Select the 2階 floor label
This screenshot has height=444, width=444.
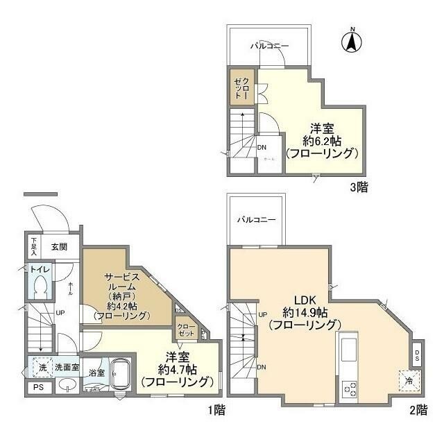(418, 410)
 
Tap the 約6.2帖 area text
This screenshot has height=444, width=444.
(324, 141)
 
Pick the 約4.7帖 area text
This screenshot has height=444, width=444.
(177, 368)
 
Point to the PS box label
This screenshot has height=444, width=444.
(37, 387)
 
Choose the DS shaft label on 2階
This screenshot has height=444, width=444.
(417, 355)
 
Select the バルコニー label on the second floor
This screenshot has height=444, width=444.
(256, 219)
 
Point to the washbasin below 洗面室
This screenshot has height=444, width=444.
(67, 385)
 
